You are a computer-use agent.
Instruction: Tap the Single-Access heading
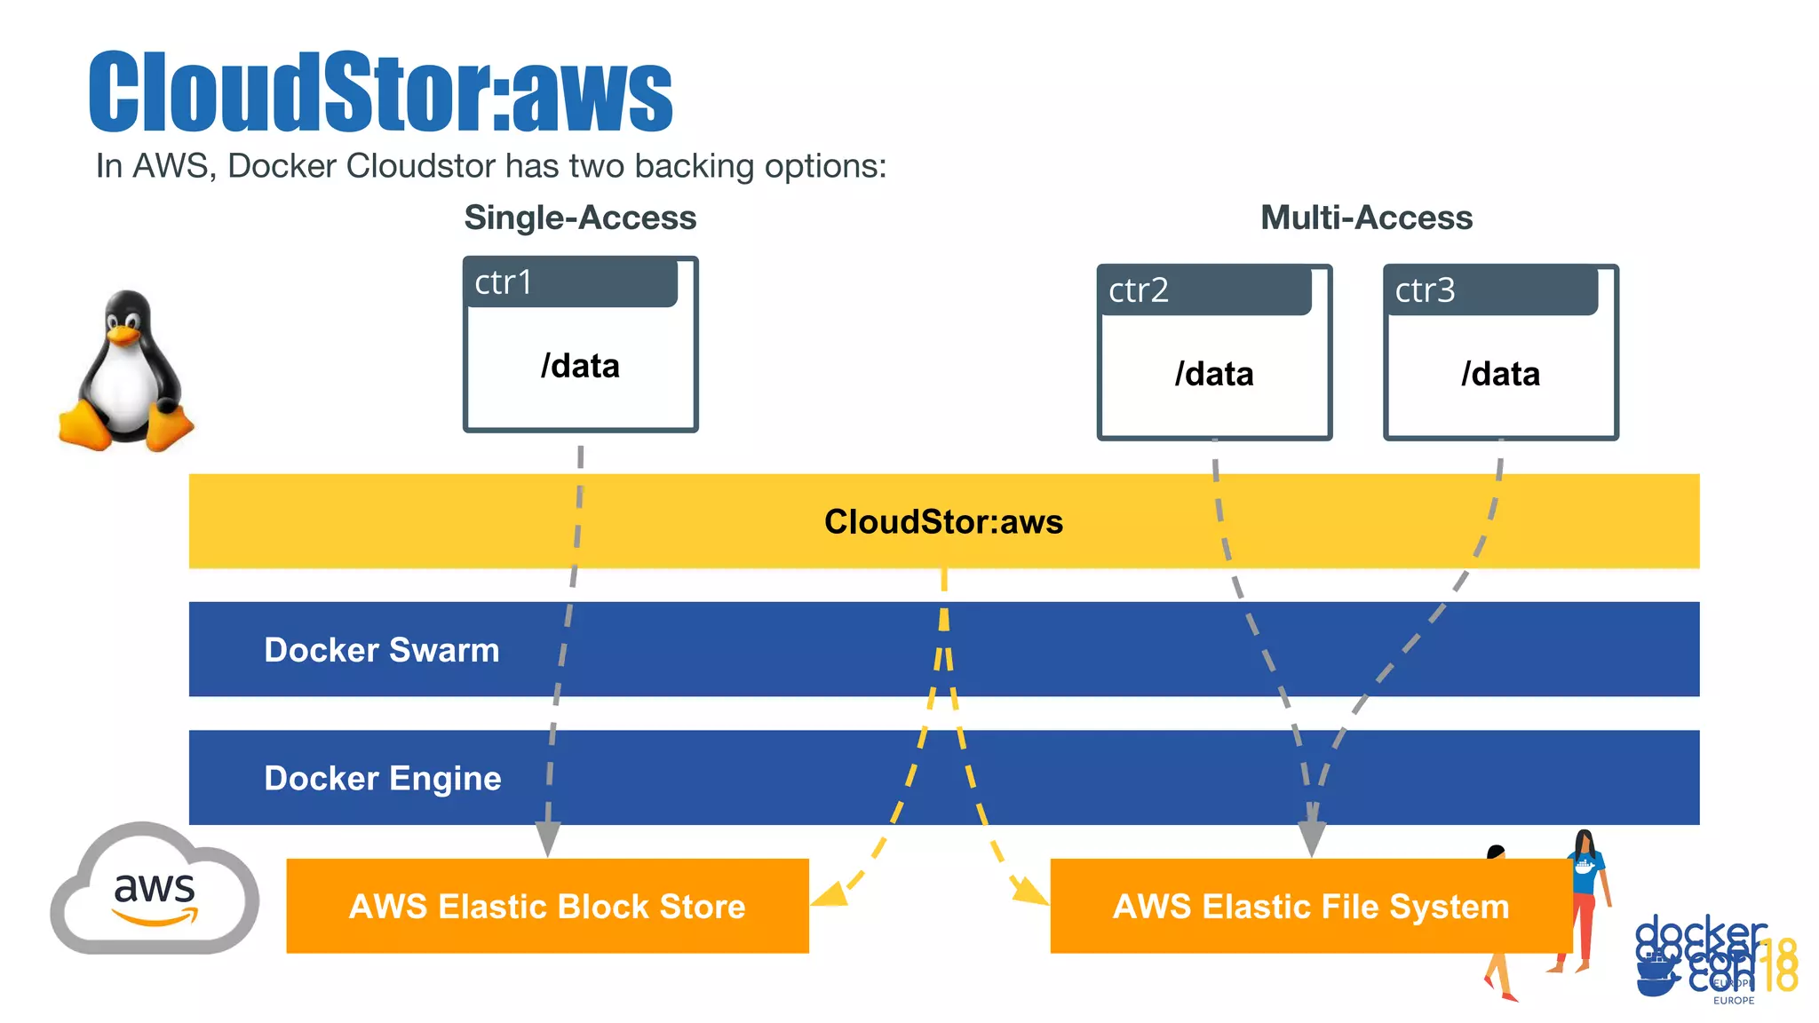580,218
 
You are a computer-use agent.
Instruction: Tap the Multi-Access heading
1366,218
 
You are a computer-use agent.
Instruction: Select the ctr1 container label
503,282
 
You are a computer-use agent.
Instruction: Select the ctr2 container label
1138,290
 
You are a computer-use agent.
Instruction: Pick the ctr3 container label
1425,290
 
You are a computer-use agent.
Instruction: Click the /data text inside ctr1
580,366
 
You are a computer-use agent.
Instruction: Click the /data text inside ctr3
1500,374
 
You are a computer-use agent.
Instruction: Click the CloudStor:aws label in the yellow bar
943,521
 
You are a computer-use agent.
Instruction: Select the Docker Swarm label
382,650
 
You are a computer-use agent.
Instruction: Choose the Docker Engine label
383,778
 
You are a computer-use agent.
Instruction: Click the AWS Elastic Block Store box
547,906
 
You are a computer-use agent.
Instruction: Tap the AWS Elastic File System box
1311,906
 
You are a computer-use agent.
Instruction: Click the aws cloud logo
155,891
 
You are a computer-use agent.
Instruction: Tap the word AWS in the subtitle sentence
171,166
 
